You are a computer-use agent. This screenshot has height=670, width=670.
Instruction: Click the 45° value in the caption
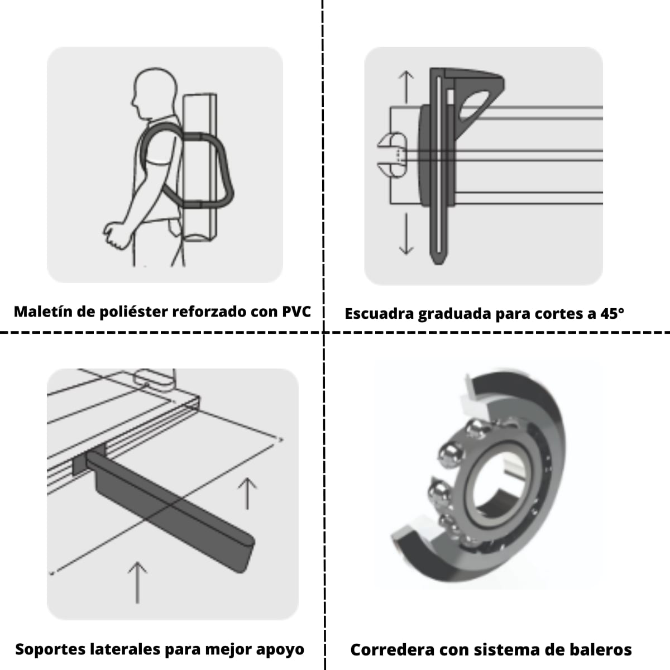(x=612, y=313)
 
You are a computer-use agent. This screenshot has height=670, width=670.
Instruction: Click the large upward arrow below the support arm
(x=137, y=581)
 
